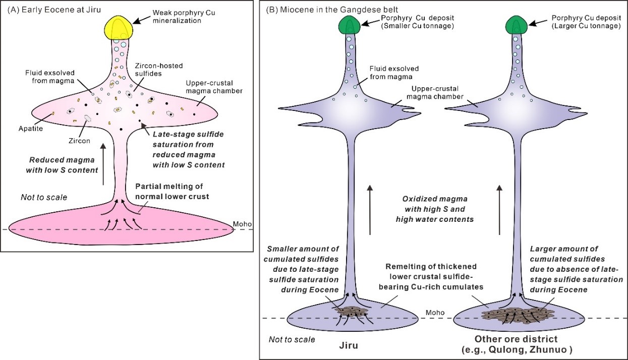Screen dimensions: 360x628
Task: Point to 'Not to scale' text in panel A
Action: pyautogui.click(x=43, y=197)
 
